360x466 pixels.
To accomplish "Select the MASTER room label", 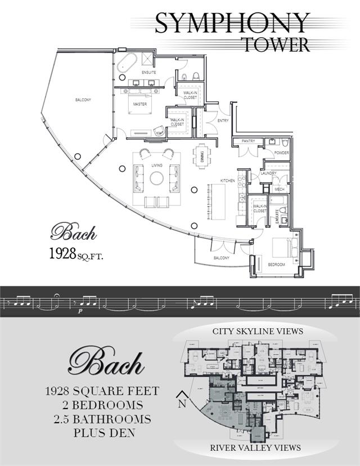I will coord(140,104).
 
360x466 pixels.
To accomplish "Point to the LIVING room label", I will coord(157,165).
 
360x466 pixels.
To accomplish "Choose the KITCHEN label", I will coord(227,181).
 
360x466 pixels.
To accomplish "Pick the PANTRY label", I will coord(249,141).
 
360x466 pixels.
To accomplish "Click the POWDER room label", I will coord(281,153).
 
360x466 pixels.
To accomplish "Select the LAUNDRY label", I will coord(268,173).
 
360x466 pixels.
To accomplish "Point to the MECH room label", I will coord(280,190).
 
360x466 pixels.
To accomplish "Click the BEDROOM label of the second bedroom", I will coord(276,265).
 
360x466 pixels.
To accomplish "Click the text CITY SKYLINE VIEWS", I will coord(257,331).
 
